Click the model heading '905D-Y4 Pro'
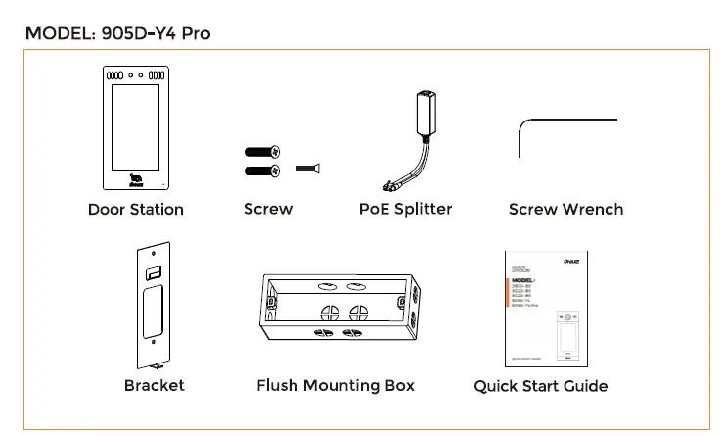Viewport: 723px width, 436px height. point(117,33)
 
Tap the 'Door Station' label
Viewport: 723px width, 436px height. point(135,209)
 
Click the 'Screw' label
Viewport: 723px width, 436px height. point(267,209)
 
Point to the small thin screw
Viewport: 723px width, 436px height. point(308,170)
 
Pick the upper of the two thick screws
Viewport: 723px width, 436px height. point(261,152)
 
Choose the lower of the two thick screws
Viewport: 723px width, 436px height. point(261,171)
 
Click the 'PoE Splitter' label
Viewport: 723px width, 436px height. point(405,209)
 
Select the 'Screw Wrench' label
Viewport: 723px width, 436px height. point(565,209)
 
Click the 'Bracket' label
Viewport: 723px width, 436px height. point(154,385)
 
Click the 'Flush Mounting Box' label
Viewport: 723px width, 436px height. point(335,385)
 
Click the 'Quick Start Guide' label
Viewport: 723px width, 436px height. point(540,386)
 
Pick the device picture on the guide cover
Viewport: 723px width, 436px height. point(565,337)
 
